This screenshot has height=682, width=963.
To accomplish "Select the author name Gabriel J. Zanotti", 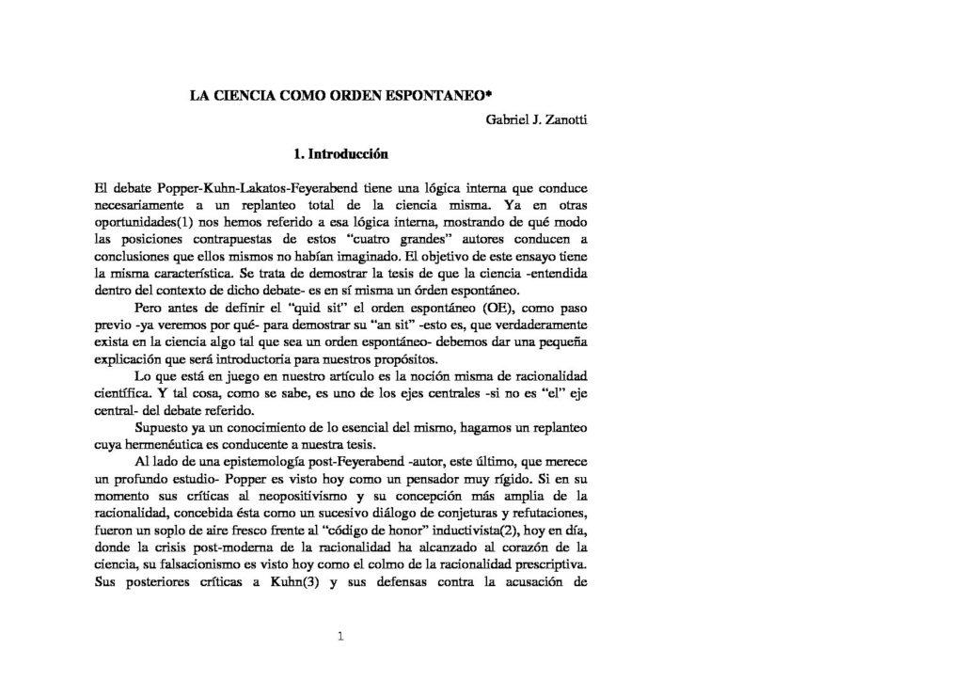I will (540, 120).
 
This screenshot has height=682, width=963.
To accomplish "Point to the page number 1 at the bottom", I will (341, 637).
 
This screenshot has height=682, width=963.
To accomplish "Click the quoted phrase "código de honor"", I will (322, 531).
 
